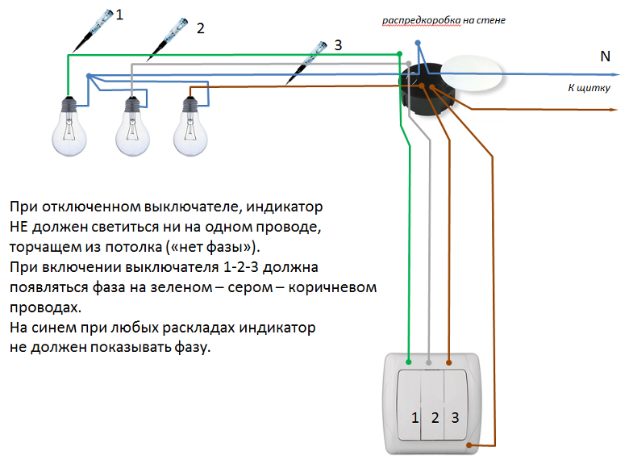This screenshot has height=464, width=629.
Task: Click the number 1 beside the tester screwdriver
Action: pos(119,15)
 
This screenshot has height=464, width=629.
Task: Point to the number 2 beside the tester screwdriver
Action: pos(200,29)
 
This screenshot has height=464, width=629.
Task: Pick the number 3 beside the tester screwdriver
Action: pos(338,45)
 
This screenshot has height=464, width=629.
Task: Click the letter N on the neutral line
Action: pos(605,56)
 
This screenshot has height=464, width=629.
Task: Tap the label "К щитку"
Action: pos(589,88)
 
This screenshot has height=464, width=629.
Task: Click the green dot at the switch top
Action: pos(410,362)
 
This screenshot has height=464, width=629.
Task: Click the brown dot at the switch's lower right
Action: pos(469,445)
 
